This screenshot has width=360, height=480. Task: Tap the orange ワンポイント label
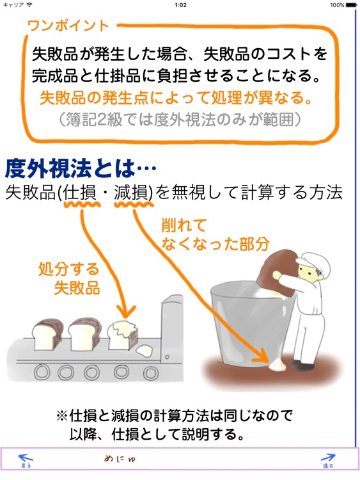pos(68,26)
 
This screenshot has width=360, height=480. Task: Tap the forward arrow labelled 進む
pos(328,460)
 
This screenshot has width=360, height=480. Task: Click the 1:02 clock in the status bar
pos(180,4)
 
